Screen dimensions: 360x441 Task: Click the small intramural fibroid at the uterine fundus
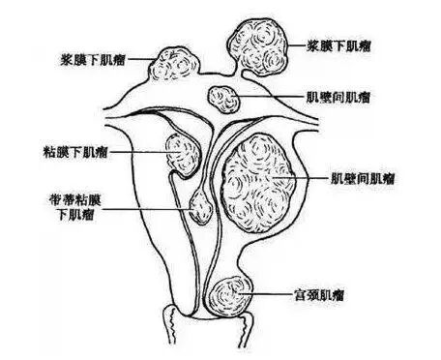click(225, 99)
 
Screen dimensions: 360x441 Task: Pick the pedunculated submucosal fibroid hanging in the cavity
click(200, 208)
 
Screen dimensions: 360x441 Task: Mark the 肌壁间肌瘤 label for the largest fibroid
click(362, 178)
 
